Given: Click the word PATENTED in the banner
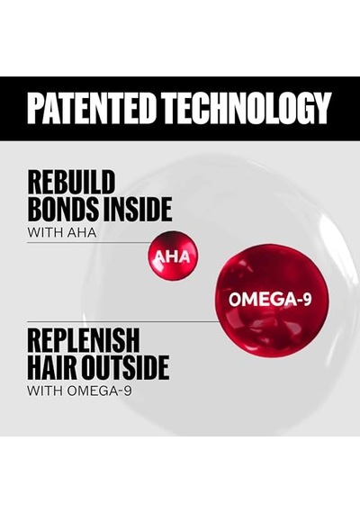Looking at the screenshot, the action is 91,108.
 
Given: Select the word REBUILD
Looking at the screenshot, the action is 71,182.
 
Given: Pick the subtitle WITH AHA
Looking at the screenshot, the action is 62,232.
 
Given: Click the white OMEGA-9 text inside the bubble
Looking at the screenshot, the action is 270,300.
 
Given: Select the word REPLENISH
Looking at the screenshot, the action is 84,340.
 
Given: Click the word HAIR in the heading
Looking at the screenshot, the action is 52,367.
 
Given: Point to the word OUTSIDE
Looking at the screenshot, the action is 125,367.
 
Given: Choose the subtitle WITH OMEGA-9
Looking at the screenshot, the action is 79,391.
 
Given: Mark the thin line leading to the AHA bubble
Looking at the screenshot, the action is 88,243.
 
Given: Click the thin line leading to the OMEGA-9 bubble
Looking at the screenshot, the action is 122,321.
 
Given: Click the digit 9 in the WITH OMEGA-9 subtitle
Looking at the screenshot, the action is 128,391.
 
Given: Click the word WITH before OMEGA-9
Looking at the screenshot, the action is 45,391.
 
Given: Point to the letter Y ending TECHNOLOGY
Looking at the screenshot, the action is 320,108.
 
